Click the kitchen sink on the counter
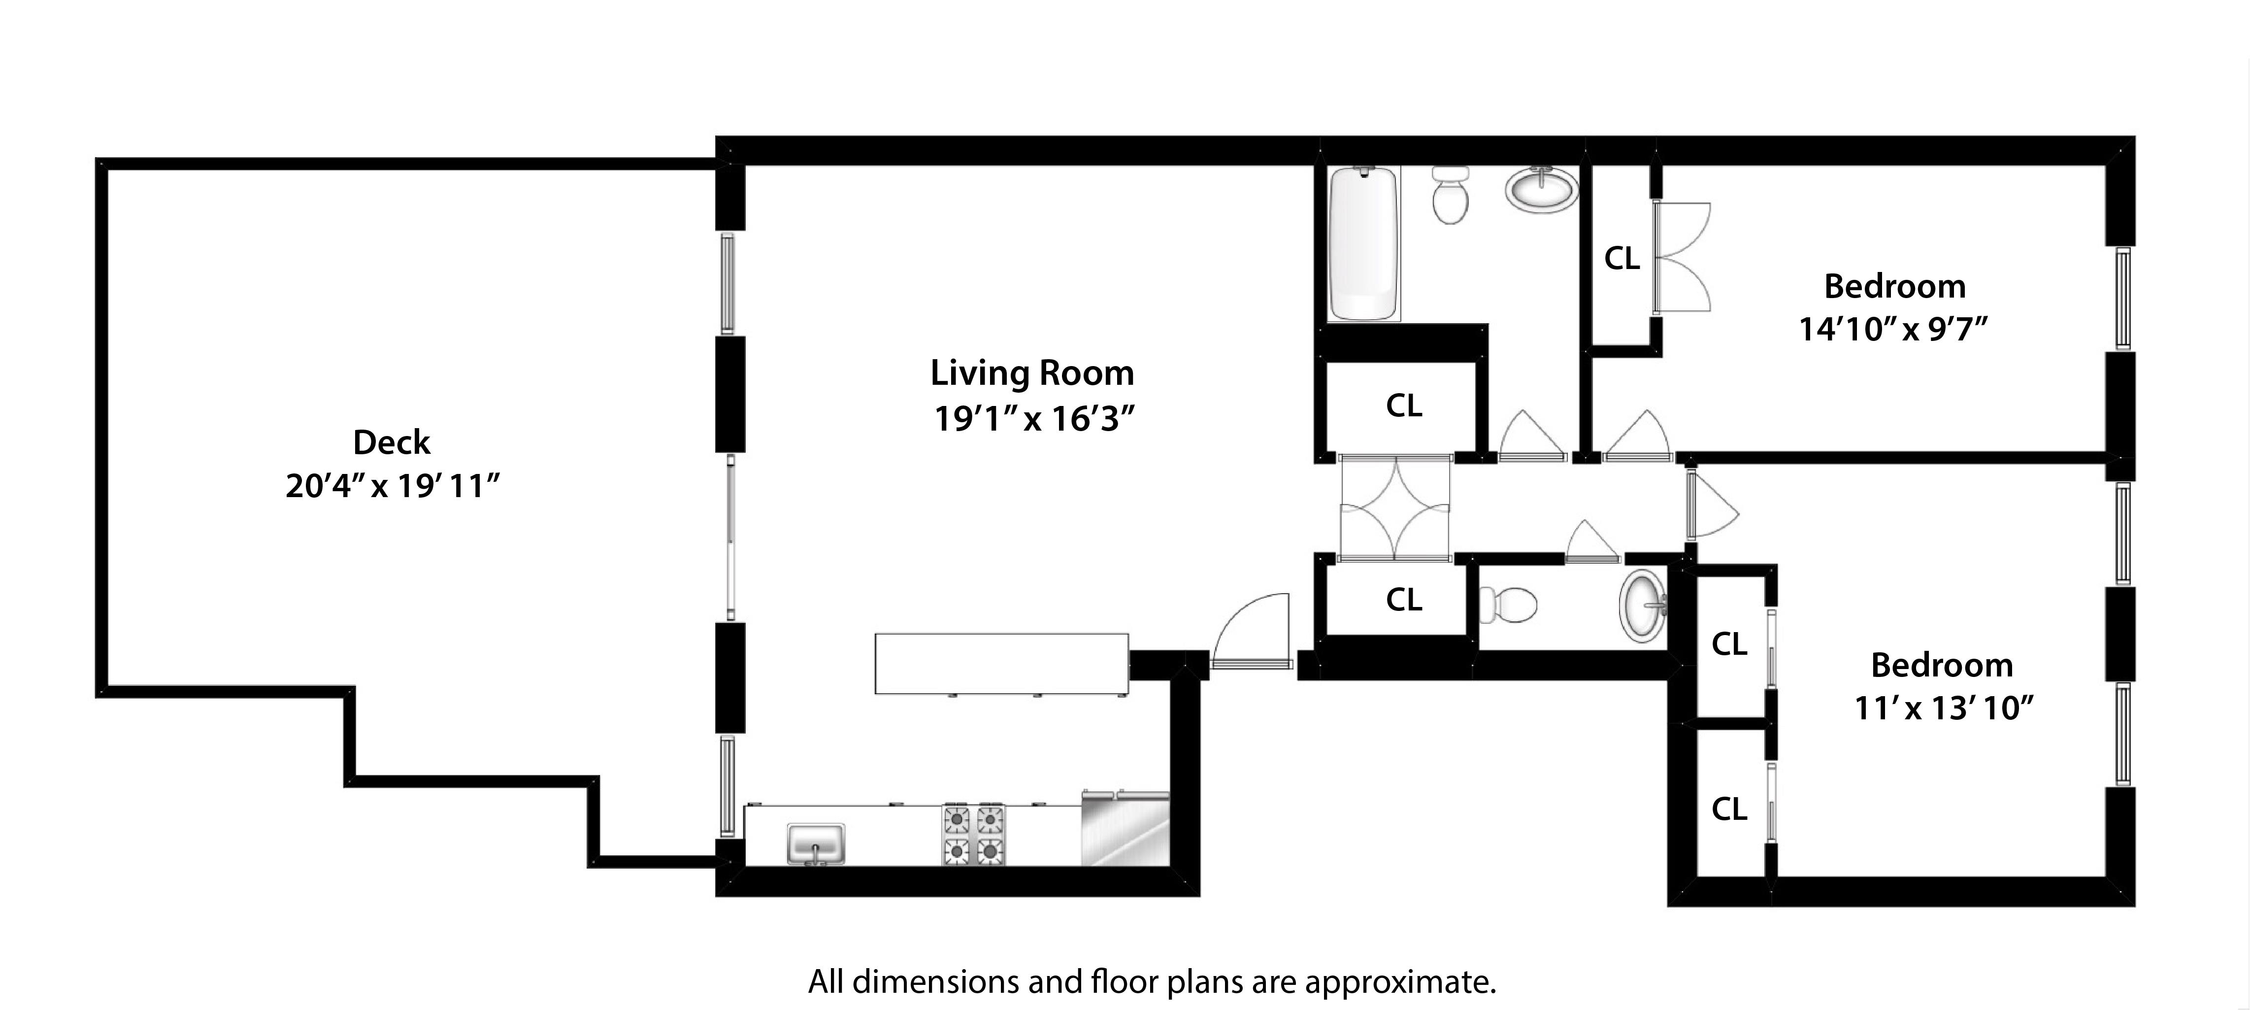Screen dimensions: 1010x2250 815,843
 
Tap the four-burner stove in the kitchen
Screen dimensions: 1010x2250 973,835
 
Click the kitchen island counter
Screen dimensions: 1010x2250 1001,664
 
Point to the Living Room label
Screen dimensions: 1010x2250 1031,373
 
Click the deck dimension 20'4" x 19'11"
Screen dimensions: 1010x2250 392,486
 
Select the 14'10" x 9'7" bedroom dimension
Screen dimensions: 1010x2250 1893,330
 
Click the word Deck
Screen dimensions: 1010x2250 391,442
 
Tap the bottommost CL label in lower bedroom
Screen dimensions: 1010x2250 1728,809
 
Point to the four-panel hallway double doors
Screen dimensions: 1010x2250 1395,507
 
